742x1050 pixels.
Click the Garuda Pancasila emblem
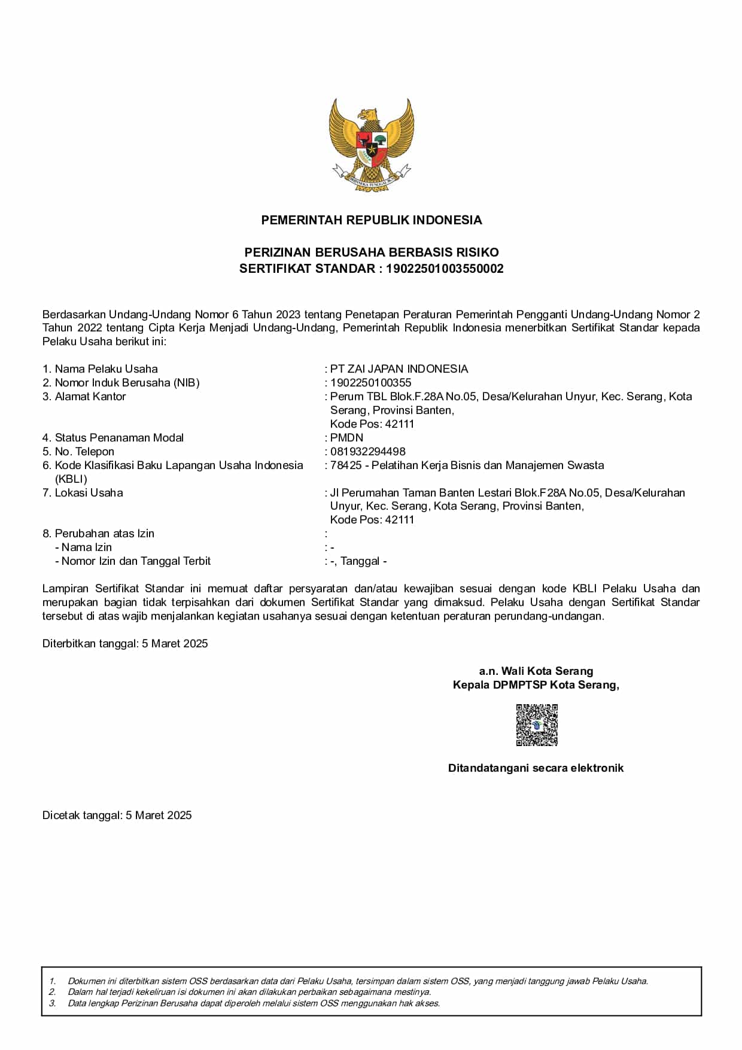371,144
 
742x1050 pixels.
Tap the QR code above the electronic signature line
537,725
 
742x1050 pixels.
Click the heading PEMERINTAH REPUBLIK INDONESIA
371,220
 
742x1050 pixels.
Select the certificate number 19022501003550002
445,269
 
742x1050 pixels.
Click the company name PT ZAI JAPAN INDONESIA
399,369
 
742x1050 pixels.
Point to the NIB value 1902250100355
371,383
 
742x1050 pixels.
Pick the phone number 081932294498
368,452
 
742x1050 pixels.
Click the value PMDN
347,438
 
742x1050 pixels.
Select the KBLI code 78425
346,465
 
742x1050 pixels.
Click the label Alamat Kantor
90,397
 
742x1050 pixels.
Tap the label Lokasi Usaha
89,493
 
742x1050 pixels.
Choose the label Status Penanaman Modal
119,438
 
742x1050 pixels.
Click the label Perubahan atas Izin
104,534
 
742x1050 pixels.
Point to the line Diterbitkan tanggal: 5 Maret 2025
125,644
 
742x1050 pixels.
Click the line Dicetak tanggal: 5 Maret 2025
117,815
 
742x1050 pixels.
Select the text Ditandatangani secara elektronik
536,768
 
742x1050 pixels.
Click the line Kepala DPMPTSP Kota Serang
536,685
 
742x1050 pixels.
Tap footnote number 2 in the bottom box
53,992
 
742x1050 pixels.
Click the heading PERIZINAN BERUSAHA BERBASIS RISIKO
371,252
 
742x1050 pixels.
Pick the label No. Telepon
84,452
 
